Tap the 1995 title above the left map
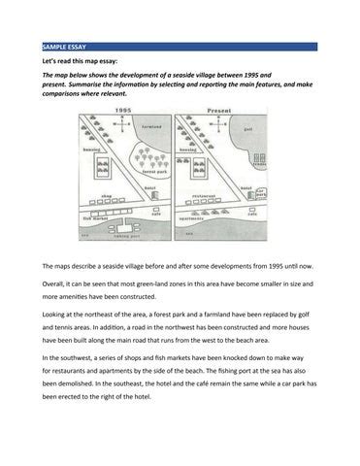(x=124, y=112)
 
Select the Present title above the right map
(x=215, y=112)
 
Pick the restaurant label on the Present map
(x=205, y=195)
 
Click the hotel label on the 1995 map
(x=149, y=187)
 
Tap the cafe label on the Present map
(x=238, y=214)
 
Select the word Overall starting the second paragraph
(x=56, y=283)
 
